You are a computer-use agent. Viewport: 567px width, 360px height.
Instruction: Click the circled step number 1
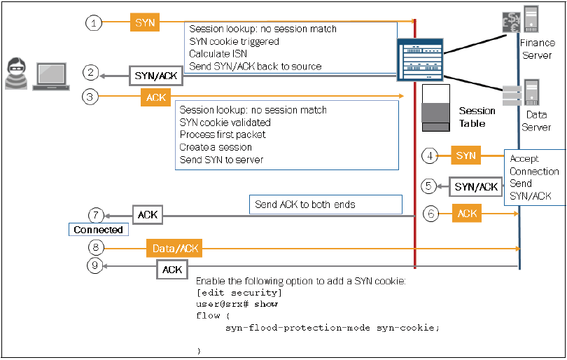tap(94, 23)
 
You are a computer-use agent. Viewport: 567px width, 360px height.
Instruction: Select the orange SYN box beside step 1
tap(144, 22)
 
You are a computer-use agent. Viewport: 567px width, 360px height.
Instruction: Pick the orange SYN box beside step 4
tap(465, 155)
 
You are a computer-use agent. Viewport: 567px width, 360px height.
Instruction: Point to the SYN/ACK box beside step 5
tap(476, 187)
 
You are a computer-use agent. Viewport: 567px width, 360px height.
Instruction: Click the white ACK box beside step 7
tap(147, 215)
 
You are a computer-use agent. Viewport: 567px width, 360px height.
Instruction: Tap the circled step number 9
tap(95, 265)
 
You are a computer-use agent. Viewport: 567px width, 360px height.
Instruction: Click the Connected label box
tap(98, 230)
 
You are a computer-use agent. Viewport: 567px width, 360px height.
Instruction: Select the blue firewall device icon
tap(419, 61)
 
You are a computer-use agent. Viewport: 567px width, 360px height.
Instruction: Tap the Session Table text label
tap(477, 117)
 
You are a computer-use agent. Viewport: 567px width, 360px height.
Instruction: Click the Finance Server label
tap(536, 49)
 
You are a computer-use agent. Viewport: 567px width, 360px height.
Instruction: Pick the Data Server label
tap(536, 120)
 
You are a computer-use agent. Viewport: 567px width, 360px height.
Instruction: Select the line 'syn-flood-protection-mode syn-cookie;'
tap(332, 328)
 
